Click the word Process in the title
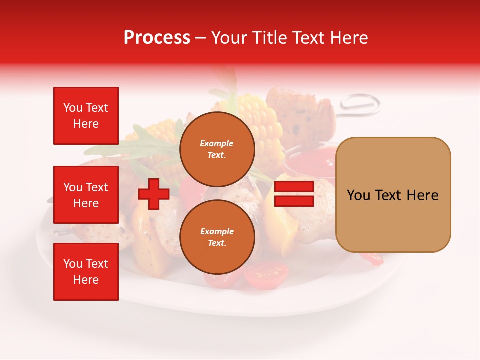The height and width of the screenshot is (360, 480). [x=157, y=38]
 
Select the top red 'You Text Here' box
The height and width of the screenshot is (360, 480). [x=86, y=116]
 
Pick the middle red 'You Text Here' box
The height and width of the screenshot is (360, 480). [x=86, y=195]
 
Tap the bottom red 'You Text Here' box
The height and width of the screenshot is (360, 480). [x=86, y=272]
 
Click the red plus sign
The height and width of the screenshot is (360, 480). [x=154, y=194]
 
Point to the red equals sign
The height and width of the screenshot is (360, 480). [x=294, y=194]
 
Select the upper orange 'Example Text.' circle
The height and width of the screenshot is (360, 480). [x=217, y=149]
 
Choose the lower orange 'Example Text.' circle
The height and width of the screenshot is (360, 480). [x=217, y=237]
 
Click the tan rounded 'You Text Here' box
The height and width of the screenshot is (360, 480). [x=393, y=195]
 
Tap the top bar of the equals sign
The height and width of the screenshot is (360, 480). [x=294, y=187]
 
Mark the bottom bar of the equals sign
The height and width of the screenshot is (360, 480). [x=294, y=201]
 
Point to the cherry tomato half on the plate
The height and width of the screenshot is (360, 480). [x=266, y=275]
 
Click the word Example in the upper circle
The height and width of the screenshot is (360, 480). [x=217, y=143]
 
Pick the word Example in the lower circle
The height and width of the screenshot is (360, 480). [x=217, y=231]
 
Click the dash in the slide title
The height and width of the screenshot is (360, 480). [x=200, y=38]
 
